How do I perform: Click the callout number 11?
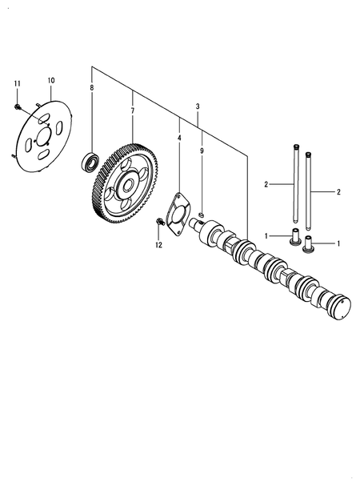point(16,82)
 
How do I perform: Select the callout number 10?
point(51,81)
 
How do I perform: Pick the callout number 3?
point(198,106)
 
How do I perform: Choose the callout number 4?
point(178,139)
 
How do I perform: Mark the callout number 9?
point(202,151)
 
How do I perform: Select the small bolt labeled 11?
point(17,104)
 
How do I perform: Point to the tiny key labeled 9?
point(202,214)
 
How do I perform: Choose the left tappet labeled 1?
point(294,237)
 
